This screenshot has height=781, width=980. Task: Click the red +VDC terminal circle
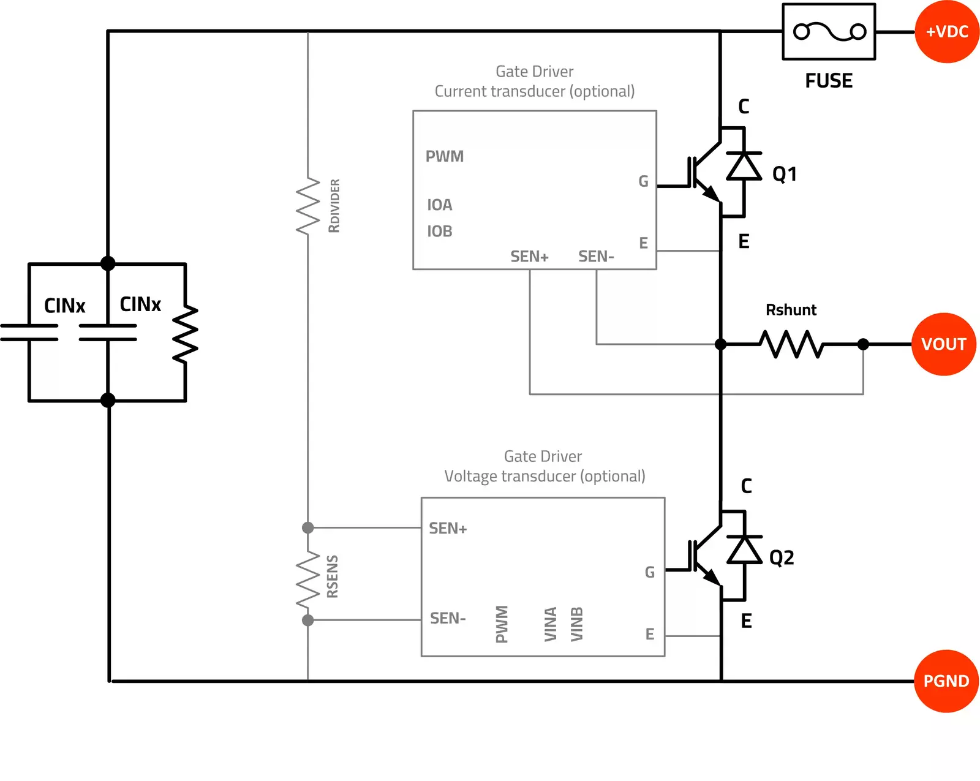(946, 32)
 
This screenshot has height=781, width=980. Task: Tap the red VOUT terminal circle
(943, 344)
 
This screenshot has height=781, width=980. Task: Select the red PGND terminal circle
(946, 681)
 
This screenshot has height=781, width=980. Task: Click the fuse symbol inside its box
(829, 32)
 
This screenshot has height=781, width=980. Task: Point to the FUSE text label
(829, 81)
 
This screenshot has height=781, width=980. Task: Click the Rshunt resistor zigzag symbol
(792, 344)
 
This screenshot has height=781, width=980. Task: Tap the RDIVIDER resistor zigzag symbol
(308, 206)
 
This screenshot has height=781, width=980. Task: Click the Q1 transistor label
(785, 175)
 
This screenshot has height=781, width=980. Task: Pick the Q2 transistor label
(782, 558)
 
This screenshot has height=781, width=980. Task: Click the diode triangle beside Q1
(744, 166)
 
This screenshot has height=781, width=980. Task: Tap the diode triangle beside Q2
(744, 549)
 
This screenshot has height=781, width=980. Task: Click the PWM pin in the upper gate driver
(445, 157)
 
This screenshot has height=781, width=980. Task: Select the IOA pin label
(440, 205)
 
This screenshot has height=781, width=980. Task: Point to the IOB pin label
(440, 232)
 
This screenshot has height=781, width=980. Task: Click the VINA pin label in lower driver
(551, 624)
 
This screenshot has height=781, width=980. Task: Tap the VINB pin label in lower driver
(577, 624)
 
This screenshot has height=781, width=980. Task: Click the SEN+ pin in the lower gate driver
(448, 529)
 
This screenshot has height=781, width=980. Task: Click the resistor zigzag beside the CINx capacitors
(185, 334)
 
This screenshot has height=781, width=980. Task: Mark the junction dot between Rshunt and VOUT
(863, 344)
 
